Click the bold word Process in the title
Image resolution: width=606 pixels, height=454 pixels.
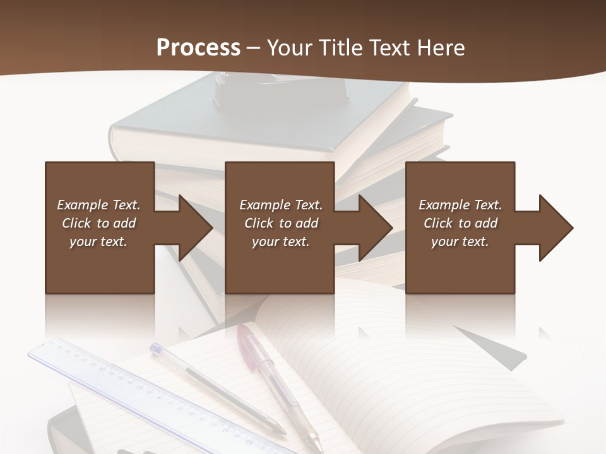click(x=198, y=48)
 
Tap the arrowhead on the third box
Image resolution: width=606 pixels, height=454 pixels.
click(x=555, y=228)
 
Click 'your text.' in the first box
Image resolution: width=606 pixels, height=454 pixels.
click(x=98, y=242)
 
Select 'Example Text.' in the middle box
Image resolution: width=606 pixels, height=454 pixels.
click(x=280, y=205)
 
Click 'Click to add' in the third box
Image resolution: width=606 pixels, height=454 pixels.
click(x=460, y=223)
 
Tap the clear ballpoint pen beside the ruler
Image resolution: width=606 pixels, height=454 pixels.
click(x=208, y=385)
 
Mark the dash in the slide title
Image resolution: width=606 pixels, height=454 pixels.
click(x=253, y=48)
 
